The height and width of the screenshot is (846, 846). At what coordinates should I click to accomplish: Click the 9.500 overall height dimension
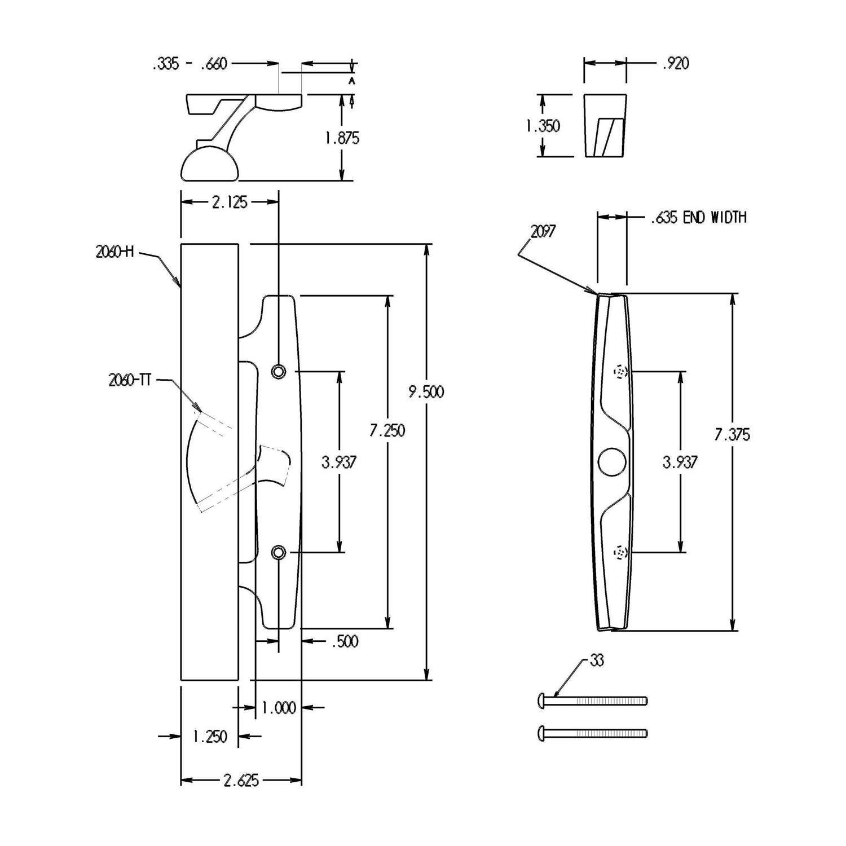tap(426, 391)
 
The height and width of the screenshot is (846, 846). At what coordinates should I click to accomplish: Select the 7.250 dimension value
tap(387, 430)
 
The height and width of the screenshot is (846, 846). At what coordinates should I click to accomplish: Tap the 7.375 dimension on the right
tap(732, 435)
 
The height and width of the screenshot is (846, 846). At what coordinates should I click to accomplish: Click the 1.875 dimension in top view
tap(342, 138)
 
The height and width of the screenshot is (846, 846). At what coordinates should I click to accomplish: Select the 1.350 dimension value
tap(543, 126)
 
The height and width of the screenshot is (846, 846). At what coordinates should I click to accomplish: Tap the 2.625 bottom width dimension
tap(241, 781)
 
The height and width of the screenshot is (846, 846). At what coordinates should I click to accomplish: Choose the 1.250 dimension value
tap(209, 737)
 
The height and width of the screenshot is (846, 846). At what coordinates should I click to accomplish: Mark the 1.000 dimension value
tap(279, 708)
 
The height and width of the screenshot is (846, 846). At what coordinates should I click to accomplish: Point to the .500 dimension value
tap(343, 642)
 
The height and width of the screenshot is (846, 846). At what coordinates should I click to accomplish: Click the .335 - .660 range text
tap(190, 64)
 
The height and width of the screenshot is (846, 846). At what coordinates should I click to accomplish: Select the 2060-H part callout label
tap(114, 253)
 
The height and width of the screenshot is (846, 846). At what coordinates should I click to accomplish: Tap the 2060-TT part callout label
tap(129, 381)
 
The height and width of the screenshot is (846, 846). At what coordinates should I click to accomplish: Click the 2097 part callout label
tap(543, 231)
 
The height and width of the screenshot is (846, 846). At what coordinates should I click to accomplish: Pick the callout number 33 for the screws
tap(596, 660)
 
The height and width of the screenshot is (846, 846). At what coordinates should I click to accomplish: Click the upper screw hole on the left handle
tap(278, 371)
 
